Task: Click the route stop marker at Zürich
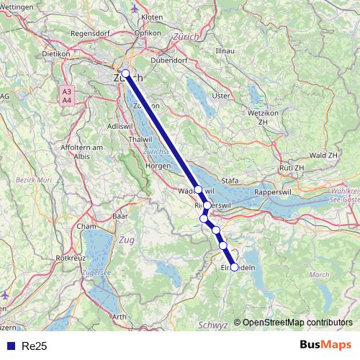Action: pyautogui.click(x=125, y=73)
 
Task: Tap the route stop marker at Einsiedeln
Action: pyautogui.click(x=234, y=267)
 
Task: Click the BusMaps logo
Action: pyautogui.click(x=325, y=345)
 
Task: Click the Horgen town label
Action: pyautogui.click(x=157, y=166)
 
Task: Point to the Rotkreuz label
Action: pyautogui.click(x=71, y=256)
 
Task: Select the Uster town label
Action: pyautogui.click(x=220, y=95)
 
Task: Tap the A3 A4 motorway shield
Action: pyautogui.click(x=67, y=96)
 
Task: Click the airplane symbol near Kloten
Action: pyautogui.click(x=137, y=8)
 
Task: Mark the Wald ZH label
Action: pyautogui.click(x=322, y=155)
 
